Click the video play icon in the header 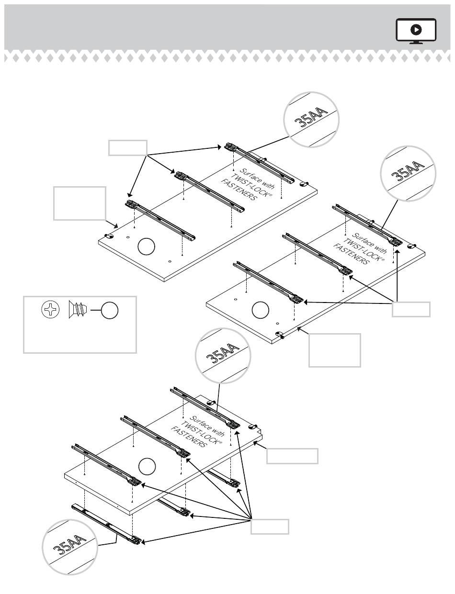pyautogui.click(x=416, y=30)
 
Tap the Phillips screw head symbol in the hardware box pyautogui.click(x=50, y=310)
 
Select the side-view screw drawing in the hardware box pyautogui.click(x=77, y=310)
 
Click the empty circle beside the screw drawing pyautogui.click(x=109, y=311)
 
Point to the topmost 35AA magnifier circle pyautogui.click(x=311, y=119)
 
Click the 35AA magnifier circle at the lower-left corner pyautogui.click(x=70, y=546)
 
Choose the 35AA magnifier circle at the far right pyautogui.click(x=408, y=173)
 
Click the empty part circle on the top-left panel pyautogui.click(x=147, y=247)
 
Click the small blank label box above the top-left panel pyautogui.click(x=127, y=148)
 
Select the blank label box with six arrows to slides pyautogui.click(x=270, y=527)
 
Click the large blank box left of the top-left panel pyautogui.click(x=80, y=203)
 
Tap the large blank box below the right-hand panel pyautogui.click(x=334, y=350)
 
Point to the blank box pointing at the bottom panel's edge pyautogui.click(x=292, y=456)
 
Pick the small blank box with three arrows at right pyautogui.click(x=411, y=309)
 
